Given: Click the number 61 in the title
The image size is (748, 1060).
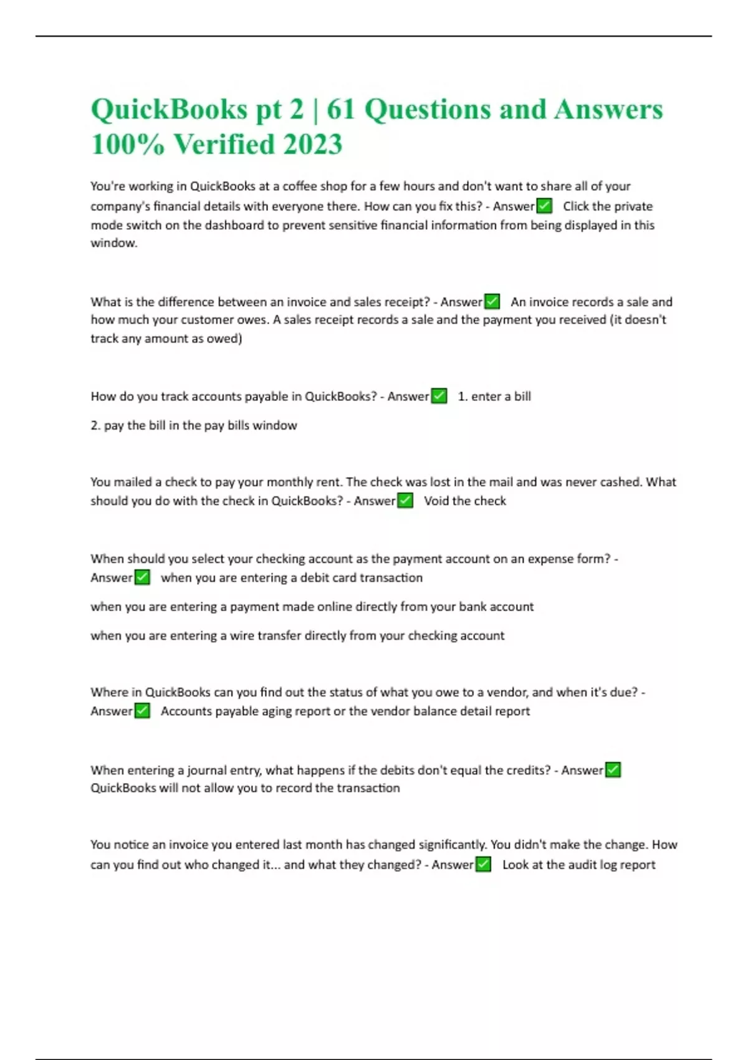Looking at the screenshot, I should (340, 109).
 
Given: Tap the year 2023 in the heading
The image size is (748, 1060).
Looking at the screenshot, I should (312, 144).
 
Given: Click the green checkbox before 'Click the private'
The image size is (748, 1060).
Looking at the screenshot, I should (544, 206).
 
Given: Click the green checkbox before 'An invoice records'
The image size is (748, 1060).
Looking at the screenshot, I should (492, 302).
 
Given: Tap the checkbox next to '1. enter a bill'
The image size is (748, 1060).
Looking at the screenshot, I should (439, 396).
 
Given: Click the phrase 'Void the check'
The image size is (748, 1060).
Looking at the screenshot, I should (465, 501).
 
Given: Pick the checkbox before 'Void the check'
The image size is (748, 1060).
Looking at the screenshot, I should (405, 501).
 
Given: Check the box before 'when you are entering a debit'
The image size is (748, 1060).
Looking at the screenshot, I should (142, 577).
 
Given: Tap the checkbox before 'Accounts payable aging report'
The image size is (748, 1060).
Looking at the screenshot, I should (142, 711).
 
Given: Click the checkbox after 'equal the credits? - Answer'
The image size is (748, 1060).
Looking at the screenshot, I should (613, 770).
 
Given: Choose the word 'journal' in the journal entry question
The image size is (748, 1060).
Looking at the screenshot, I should (209, 770).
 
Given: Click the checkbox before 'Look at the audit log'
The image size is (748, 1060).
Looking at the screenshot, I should (483, 864).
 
